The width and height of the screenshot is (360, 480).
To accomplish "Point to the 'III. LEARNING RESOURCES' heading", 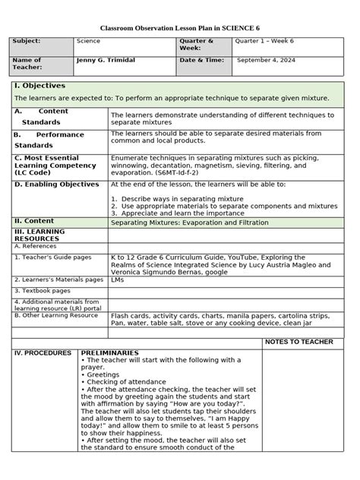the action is click(x=41, y=235).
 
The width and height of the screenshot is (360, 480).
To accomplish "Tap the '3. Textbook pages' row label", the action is click(x=42, y=290).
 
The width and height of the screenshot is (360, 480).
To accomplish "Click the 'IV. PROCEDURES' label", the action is click(x=43, y=353).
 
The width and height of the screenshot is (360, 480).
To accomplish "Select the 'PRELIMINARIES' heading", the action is click(x=110, y=353).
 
